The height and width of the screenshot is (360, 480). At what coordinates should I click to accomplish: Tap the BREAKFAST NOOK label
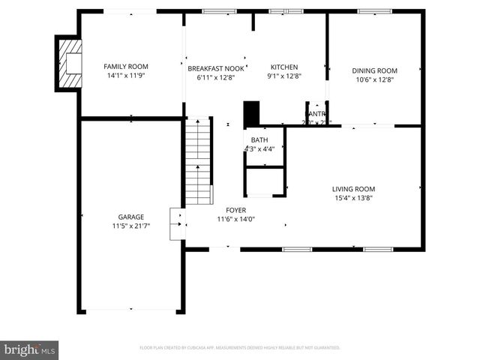(x=216, y=67)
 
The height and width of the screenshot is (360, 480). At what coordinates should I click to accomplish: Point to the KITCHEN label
(x=284, y=67)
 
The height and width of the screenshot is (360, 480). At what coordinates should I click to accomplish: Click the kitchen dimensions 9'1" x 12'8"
(x=284, y=76)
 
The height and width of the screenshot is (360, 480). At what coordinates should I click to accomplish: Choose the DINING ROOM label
(x=374, y=70)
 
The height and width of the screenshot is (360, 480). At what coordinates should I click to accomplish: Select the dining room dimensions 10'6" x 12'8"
(x=374, y=79)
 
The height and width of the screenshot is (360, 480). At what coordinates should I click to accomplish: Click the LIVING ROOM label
(x=353, y=189)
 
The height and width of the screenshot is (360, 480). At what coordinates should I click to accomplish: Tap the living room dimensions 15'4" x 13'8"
(x=353, y=198)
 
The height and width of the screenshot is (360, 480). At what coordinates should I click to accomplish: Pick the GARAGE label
(x=130, y=217)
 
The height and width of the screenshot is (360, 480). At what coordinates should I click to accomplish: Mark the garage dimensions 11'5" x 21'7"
(x=130, y=226)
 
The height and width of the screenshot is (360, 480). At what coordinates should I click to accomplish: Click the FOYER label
(x=235, y=211)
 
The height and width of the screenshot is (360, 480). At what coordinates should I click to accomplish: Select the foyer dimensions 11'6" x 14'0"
(x=235, y=220)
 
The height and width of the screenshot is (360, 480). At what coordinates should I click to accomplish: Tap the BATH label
(x=259, y=140)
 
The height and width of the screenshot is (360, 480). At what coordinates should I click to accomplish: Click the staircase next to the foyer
(x=199, y=161)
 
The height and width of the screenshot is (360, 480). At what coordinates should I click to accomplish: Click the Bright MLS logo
(x=29, y=349)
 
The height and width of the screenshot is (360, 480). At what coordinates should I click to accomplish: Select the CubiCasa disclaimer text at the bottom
(x=240, y=348)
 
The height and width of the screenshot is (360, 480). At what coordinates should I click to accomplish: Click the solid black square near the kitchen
(x=250, y=113)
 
